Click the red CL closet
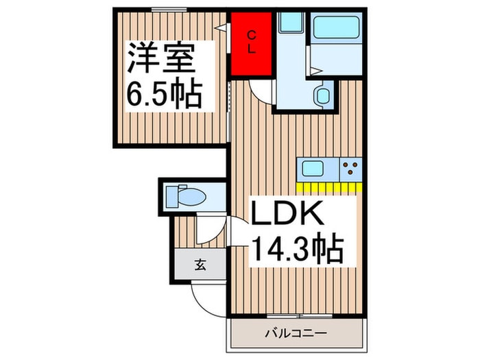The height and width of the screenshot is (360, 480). pyautogui.click(x=252, y=43)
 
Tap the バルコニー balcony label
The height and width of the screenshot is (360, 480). pyautogui.click(x=296, y=333)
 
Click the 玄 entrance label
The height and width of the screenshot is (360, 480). pyautogui.click(x=200, y=265)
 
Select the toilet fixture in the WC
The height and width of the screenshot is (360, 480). pyautogui.click(x=186, y=196)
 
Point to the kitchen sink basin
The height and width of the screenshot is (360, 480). pyautogui.click(x=313, y=169)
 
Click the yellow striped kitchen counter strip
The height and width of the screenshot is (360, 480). pyautogui.click(x=329, y=187)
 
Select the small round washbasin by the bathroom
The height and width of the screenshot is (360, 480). pyautogui.click(x=322, y=96)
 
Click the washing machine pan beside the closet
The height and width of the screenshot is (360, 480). pyautogui.click(x=291, y=22)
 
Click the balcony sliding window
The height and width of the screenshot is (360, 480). pyautogui.click(x=300, y=315)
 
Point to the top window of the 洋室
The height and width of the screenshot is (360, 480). pyautogui.click(x=169, y=10)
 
